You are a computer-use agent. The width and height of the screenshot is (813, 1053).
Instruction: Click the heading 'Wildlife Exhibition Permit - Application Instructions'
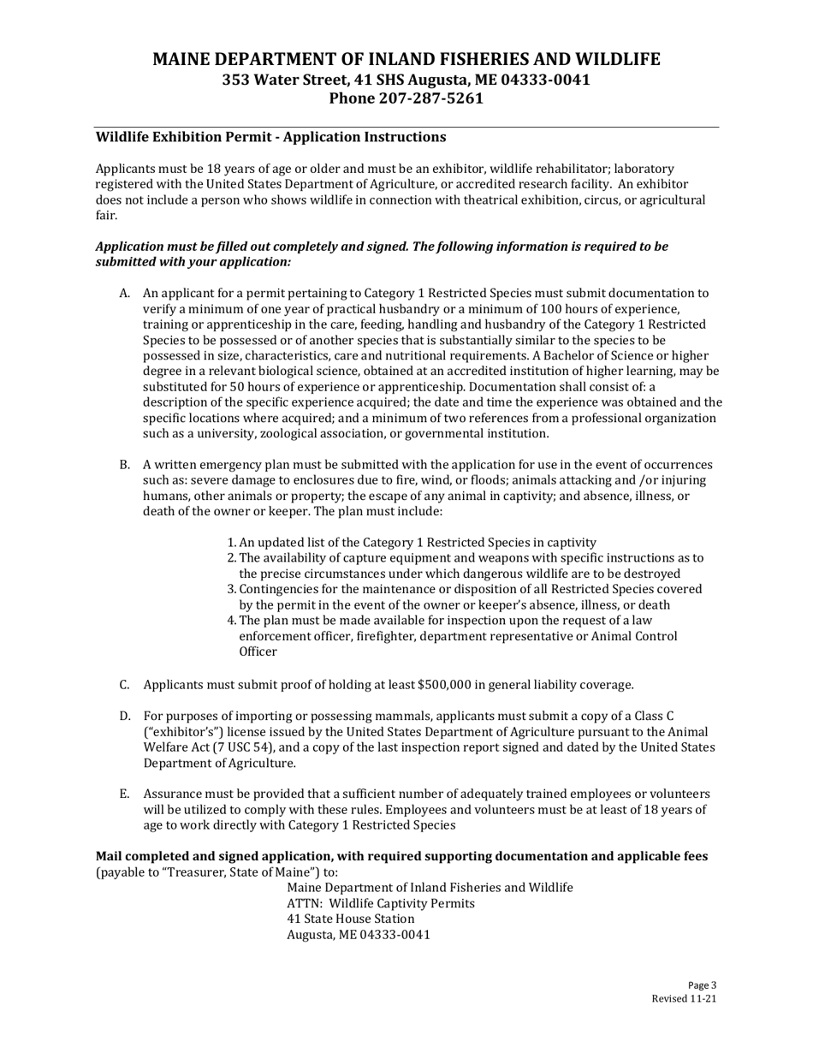(x=270, y=137)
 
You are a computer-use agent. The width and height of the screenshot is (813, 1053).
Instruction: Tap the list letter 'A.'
(x=124, y=294)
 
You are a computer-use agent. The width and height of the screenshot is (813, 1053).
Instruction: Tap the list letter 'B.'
(x=124, y=466)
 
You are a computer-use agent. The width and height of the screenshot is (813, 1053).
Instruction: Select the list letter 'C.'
(x=124, y=685)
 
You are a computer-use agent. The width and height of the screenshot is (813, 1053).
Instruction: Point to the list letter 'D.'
(x=124, y=716)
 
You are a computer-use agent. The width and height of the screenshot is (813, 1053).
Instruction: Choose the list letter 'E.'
(x=124, y=794)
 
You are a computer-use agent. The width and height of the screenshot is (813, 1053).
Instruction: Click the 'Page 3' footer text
(x=702, y=985)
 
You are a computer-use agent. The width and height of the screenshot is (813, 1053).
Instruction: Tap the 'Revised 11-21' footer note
(x=684, y=999)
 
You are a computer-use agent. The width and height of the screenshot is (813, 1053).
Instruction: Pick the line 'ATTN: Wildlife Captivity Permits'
(x=381, y=904)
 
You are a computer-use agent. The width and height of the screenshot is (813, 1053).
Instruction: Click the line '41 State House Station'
(x=351, y=919)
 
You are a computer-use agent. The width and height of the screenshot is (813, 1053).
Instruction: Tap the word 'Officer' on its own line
(x=258, y=652)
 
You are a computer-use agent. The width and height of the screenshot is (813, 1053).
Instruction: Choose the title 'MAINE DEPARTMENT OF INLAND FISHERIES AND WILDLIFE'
(x=406, y=59)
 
